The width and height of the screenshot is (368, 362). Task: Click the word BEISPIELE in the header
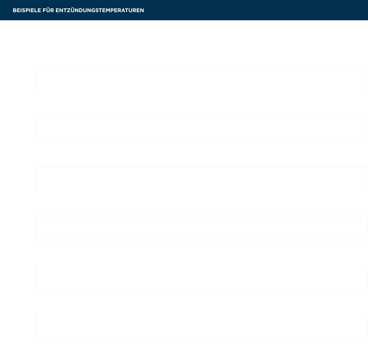pyautogui.click(x=27, y=10)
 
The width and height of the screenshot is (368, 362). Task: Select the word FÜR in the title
pyautogui.click(x=48, y=10)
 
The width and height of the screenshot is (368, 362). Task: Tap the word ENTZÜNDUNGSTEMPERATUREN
pyautogui.click(x=100, y=10)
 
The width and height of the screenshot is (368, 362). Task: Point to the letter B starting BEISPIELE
pyautogui.click(x=15, y=10)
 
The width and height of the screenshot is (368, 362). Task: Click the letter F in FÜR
pyautogui.click(x=44, y=10)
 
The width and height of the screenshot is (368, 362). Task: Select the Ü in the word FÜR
pyautogui.click(x=48, y=10)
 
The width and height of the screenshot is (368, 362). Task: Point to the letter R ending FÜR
pyautogui.click(x=52, y=10)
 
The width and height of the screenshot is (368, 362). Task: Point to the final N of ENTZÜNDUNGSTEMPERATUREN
pyautogui.click(x=142, y=10)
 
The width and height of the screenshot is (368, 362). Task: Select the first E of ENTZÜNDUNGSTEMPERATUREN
pyautogui.click(x=57, y=10)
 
